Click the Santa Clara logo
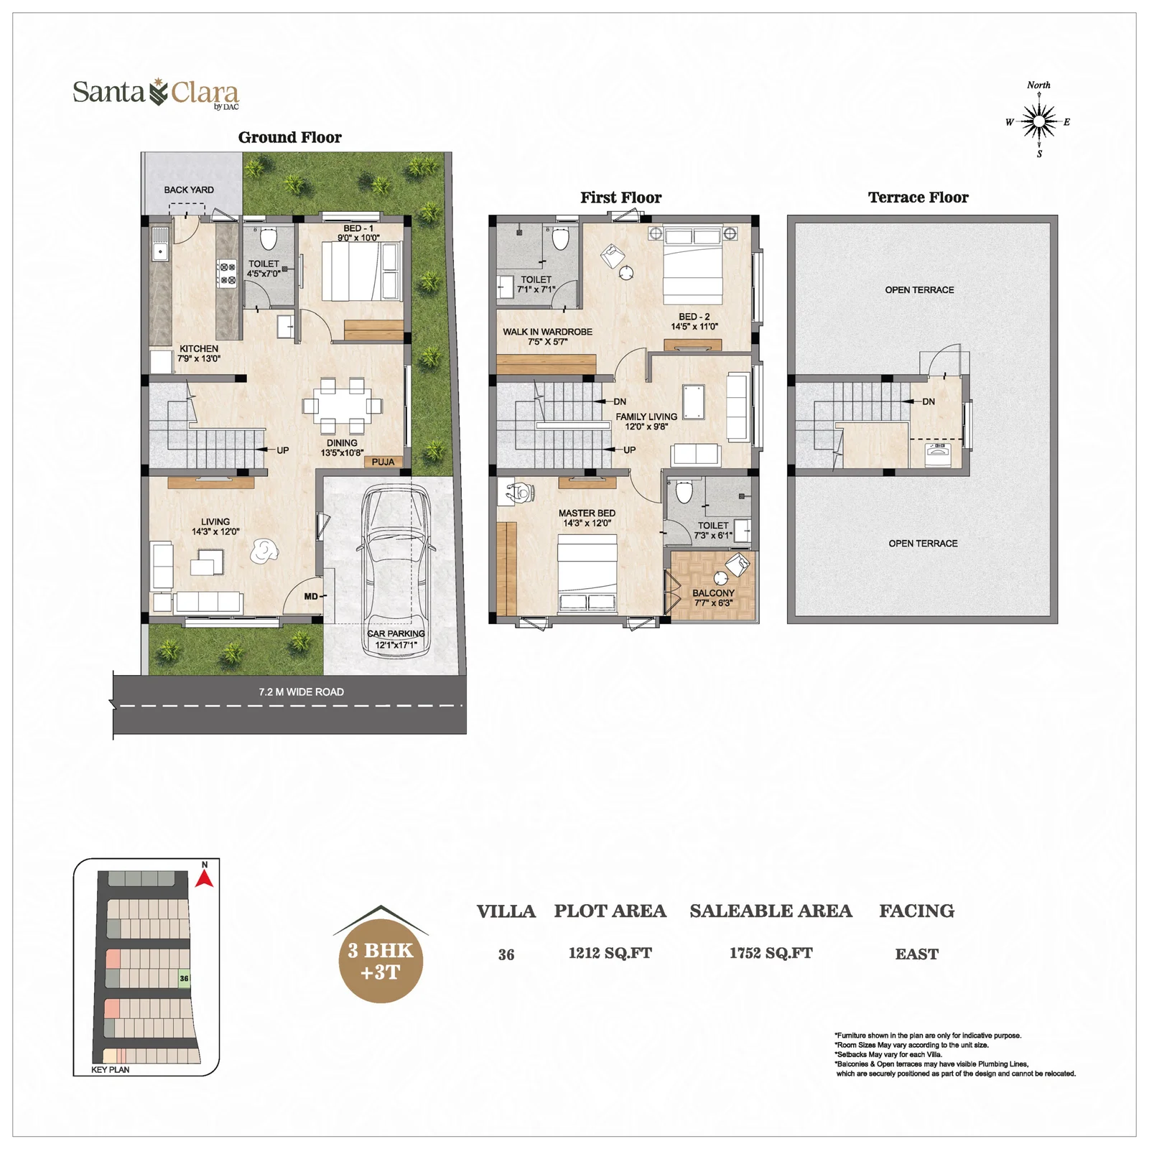click(x=156, y=93)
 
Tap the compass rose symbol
click(x=1038, y=121)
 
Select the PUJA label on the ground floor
click(x=383, y=462)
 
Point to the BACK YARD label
click(x=189, y=190)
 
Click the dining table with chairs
click(x=342, y=405)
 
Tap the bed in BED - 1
click(x=349, y=271)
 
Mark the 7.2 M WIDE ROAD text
click(x=301, y=692)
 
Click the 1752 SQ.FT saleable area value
click(x=771, y=953)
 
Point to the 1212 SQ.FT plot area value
click(x=610, y=953)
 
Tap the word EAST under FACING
click(x=916, y=954)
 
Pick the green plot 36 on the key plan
click(x=184, y=978)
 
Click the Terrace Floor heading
click(x=918, y=197)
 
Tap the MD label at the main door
click(x=310, y=596)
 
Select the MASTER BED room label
click(x=587, y=513)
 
